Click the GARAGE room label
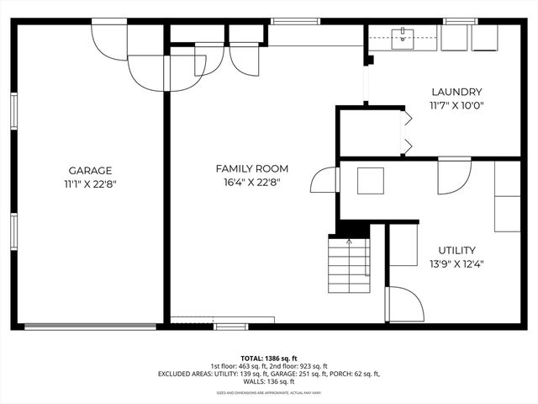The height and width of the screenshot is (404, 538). [x=90, y=170]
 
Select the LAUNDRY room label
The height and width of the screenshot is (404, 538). [x=456, y=92]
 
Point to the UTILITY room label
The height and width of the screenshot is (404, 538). [x=456, y=250]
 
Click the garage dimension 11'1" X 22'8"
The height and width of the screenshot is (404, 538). [x=90, y=183]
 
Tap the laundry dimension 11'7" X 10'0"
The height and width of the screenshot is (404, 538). [x=456, y=105]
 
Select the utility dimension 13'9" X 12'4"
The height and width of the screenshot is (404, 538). [x=456, y=263]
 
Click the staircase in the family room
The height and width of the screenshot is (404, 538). [x=348, y=264]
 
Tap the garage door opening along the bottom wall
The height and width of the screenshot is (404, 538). [x=90, y=327]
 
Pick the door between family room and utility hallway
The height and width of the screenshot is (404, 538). [x=324, y=180]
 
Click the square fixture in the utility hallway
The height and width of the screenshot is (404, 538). [x=371, y=180]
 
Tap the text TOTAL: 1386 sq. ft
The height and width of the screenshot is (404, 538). [x=268, y=358]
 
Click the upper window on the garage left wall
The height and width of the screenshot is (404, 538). [x=13, y=111]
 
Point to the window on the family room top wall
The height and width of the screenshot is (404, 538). [x=296, y=20]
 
